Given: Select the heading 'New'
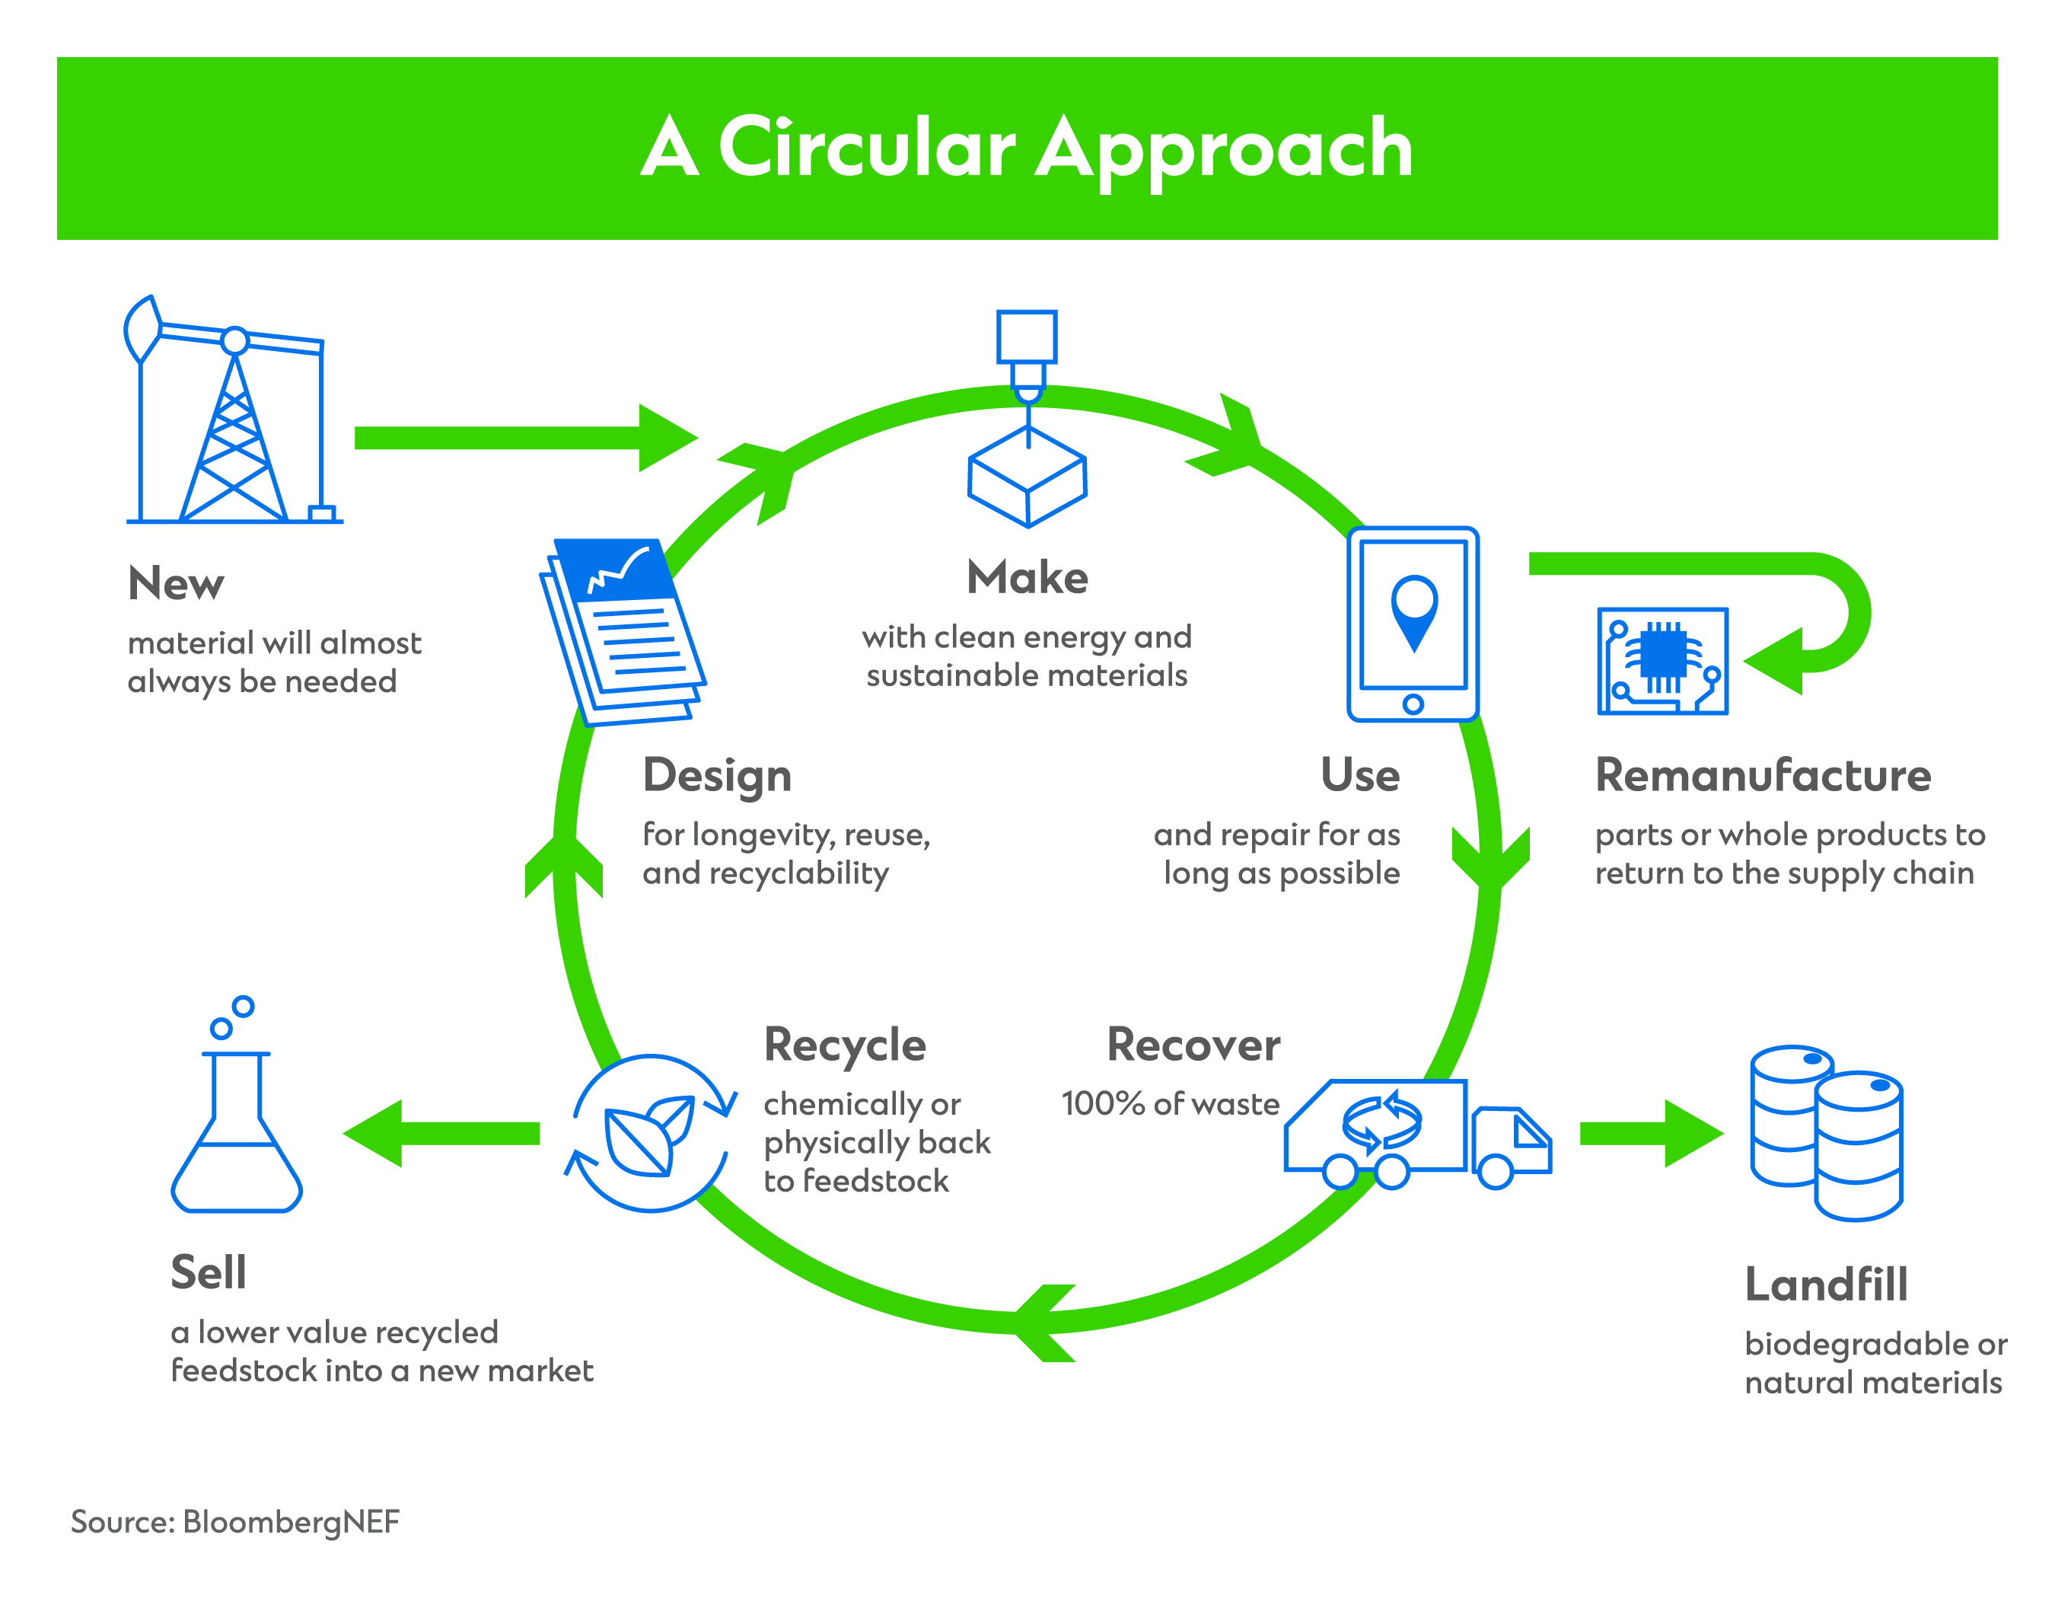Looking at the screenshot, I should pyautogui.click(x=176, y=583).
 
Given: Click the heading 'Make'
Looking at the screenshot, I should pyautogui.click(x=1027, y=577).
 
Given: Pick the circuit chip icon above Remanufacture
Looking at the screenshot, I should pyautogui.click(x=1662, y=661).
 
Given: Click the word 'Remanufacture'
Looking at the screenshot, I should pyautogui.click(x=1763, y=775).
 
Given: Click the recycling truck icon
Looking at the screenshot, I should pyautogui.click(x=1416, y=1134).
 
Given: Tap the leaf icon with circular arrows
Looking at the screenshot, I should pyautogui.click(x=649, y=1133).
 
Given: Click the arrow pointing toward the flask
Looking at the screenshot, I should pyautogui.click(x=442, y=1133).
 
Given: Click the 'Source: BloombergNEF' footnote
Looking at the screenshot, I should pyautogui.click(x=235, y=1522).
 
